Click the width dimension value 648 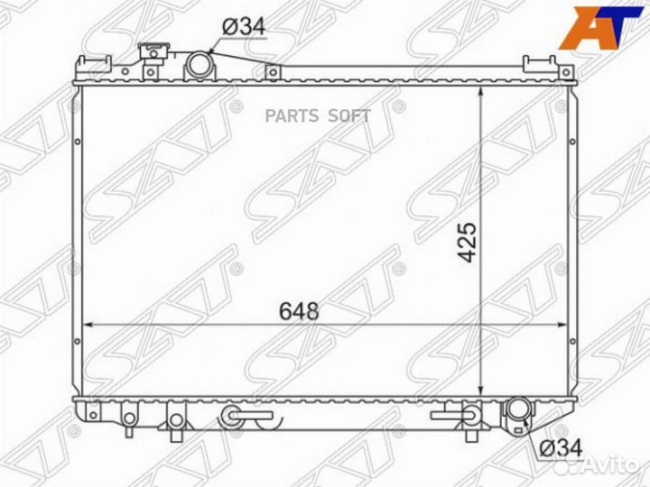tap(299, 312)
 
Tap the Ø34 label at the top tap(243, 28)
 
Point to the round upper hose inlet tap(198, 66)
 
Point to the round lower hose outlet tap(519, 410)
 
